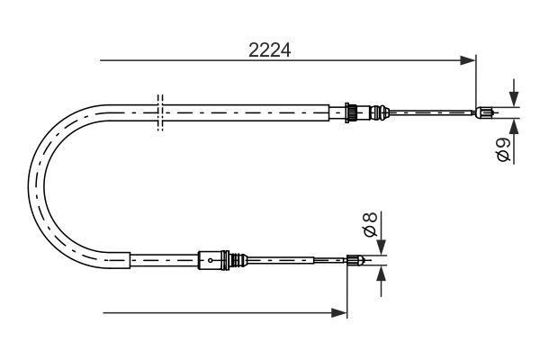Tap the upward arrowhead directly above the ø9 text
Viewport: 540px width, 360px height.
point(513,125)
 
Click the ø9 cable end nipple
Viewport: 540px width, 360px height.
point(484,112)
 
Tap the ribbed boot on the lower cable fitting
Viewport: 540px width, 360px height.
point(238,262)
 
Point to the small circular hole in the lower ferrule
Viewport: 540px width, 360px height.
point(210,262)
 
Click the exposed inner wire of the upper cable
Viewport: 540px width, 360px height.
point(432,112)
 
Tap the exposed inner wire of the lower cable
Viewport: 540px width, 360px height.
point(297,262)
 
